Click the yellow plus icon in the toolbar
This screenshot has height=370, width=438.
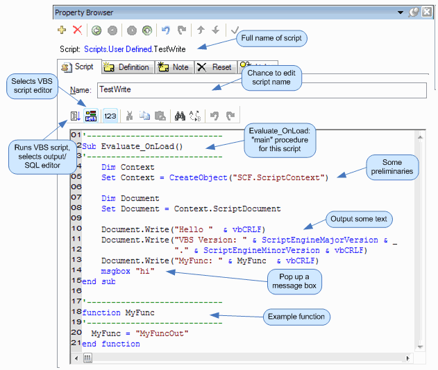point(62,30)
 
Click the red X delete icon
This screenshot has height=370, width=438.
point(77,30)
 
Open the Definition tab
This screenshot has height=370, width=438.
point(128,67)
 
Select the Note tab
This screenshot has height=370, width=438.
point(174,67)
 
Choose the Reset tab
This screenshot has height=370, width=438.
point(215,67)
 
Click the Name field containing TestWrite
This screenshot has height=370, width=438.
point(262,90)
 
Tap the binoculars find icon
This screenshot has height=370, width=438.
point(180,116)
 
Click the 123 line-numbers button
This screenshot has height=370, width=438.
point(110,116)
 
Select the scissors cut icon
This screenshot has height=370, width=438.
point(129,116)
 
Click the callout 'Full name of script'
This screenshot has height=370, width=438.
point(271,38)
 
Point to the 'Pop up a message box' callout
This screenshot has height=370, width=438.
point(294,281)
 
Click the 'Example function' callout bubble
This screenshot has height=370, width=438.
point(296,317)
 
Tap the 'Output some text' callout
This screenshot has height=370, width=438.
point(359,219)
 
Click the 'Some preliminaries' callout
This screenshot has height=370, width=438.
point(392,167)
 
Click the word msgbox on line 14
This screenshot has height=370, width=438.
point(116,271)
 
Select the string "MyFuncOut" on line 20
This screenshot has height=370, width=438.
point(162,333)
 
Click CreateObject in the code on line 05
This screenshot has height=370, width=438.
point(199,177)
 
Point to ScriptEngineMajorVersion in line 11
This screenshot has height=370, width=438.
point(320,240)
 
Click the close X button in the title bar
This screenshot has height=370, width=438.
point(427,12)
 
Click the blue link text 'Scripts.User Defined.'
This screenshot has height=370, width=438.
point(119,49)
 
